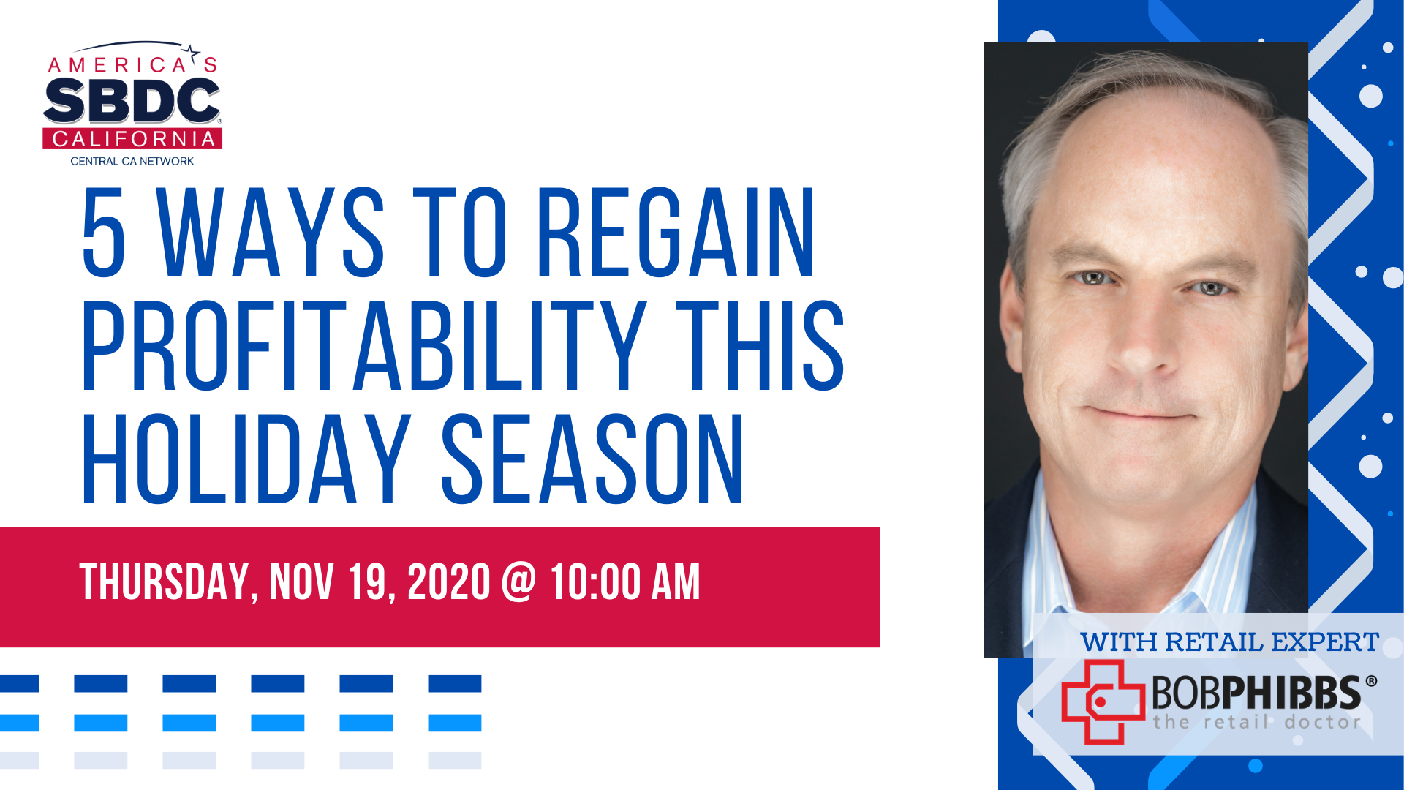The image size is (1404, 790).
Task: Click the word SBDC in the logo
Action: (132, 101)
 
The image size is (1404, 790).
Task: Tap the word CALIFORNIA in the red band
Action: (133, 139)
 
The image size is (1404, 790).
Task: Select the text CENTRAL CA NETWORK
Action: (132, 161)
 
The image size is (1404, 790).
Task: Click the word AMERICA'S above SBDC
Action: (132, 65)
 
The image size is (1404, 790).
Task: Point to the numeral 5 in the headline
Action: (104, 232)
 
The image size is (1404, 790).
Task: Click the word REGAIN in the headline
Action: (676, 232)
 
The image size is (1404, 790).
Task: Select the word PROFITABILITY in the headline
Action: (364, 345)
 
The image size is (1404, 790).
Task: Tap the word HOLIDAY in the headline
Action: (246, 459)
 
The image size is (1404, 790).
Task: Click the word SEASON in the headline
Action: (592, 459)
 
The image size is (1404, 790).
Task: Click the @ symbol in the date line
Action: (519, 582)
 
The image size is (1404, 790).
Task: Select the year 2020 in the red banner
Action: (448, 582)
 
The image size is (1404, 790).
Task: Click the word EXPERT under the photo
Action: (1325, 642)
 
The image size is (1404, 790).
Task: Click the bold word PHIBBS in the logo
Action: (1290, 692)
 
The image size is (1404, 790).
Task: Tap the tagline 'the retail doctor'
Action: (1257, 722)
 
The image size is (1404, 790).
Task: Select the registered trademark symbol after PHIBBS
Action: (1371, 681)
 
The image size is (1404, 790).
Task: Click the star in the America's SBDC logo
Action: (192, 52)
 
